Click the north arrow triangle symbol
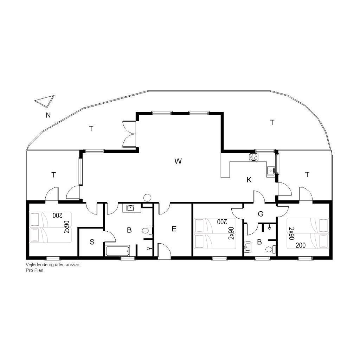[x=46, y=101]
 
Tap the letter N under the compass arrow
[x=48, y=115]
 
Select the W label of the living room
[x=178, y=161]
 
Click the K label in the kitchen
[x=249, y=180]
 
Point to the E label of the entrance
[x=174, y=229]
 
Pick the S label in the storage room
[x=92, y=242]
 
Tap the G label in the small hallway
[x=261, y=214]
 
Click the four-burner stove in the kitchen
[x=254, y=157]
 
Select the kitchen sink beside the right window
[x=271, y=171]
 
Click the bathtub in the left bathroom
[x=118, y=251]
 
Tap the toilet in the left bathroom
[x=147, y=231]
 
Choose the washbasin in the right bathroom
[x=247, y=247]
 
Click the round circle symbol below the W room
[x=147, y=197]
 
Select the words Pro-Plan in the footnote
[x=34, y=270]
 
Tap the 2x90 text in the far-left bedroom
[x=66, y=227]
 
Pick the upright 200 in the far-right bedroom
[x=301, y=245]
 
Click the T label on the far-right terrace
[x=307, y=175]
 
